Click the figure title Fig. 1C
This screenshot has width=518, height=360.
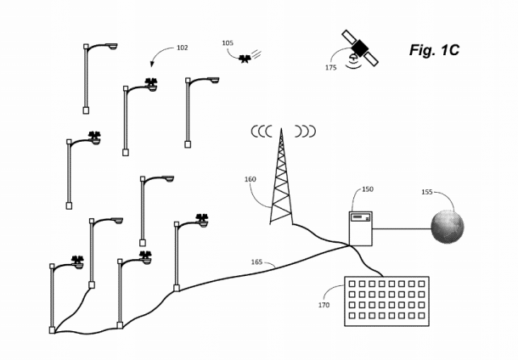[434, 50]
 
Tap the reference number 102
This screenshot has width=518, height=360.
[182, 48]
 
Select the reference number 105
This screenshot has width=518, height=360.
[227, 42]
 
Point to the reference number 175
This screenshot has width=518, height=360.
[330, 68]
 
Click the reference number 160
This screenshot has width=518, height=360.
[250, 179]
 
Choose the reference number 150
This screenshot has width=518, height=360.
[367, 189]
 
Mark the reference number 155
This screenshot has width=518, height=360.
[426, 192]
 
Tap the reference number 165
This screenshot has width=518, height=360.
[256, 262]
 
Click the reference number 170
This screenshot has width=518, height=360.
[324, 305]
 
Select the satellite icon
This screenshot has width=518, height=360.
[360, 47]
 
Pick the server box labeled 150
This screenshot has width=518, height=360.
[361, 228]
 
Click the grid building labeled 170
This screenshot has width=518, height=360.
[386, 301]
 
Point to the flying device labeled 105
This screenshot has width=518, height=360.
[246, 59]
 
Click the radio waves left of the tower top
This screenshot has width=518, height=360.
[262, 132]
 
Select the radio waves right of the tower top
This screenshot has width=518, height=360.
[304, 132]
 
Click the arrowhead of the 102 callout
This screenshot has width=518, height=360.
[152, 65]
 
